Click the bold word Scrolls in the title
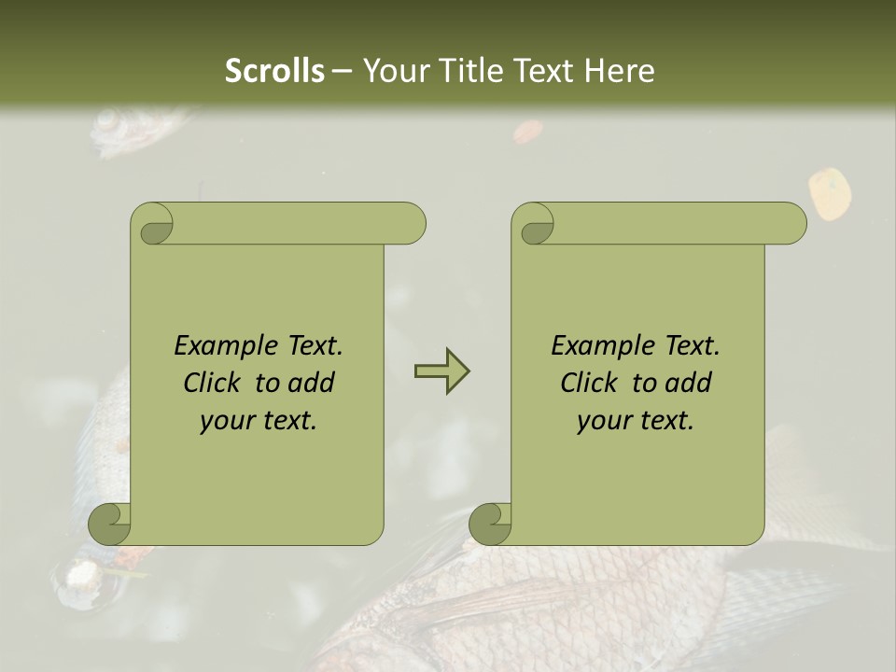pyautogui.click(x=274, y=70)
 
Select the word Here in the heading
pyautogui.click(x=619, y=70)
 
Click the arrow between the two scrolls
pyautogui.click(x=441, y=371)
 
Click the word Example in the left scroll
pyautogui.click(x=216, y=346)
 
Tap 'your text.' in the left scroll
pyautogui.click(x=259, y=421)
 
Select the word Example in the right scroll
pyautogui.click(x=593, y=346)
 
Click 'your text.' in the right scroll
pyautogui.click(x=636, y=421)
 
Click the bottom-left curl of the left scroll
pyautogui.click(x=108, y=524)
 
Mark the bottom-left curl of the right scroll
pyautogui.click(x=489, y=524)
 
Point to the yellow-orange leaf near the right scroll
pyautogui.click(x=830, y=193)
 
